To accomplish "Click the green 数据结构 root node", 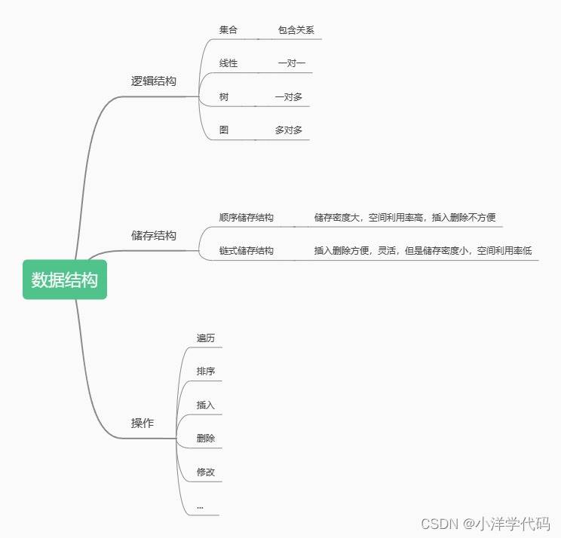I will coord(65,280).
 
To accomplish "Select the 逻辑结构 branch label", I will coord(153,81).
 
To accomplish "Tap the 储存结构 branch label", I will coord(153,235).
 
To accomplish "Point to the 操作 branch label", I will coord(142,423).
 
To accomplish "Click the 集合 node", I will coord(228,30).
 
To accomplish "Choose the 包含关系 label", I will coord(296,30).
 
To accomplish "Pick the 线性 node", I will coord(228,63).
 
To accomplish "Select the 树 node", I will coord(224,96).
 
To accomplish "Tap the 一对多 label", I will coord(288,96).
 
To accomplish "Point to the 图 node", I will coord(224,130).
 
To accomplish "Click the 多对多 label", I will coord(288,130).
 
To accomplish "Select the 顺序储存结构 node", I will coord(246,217).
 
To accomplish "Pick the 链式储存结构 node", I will coord(246,250).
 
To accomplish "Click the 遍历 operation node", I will coord(205,338).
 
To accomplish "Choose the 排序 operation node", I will coord(205,371).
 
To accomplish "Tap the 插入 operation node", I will coord(205,405).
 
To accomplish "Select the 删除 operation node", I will coord(205,438).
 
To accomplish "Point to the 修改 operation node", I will coord(205,472).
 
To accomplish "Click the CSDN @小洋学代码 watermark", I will coord(484,524).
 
